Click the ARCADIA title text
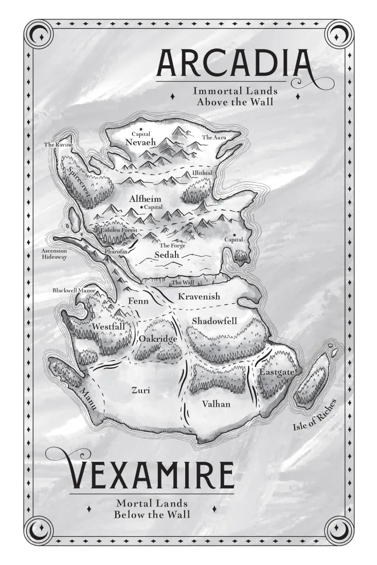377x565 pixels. [234, 63]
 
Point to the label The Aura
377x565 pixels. [213, 138]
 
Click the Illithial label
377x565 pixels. [202, 174]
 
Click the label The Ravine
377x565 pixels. [58, 145]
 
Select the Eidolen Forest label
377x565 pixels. [119, 231]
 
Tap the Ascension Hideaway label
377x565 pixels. [54, 254]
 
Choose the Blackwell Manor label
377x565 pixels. [74, 291]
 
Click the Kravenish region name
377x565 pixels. [199, 297]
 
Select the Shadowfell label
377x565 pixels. [214, 321]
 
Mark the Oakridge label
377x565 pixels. [158, 340]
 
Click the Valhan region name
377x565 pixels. [216, 404]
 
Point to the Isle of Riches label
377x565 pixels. [314, 415]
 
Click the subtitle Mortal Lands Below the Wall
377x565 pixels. [152, 509]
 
